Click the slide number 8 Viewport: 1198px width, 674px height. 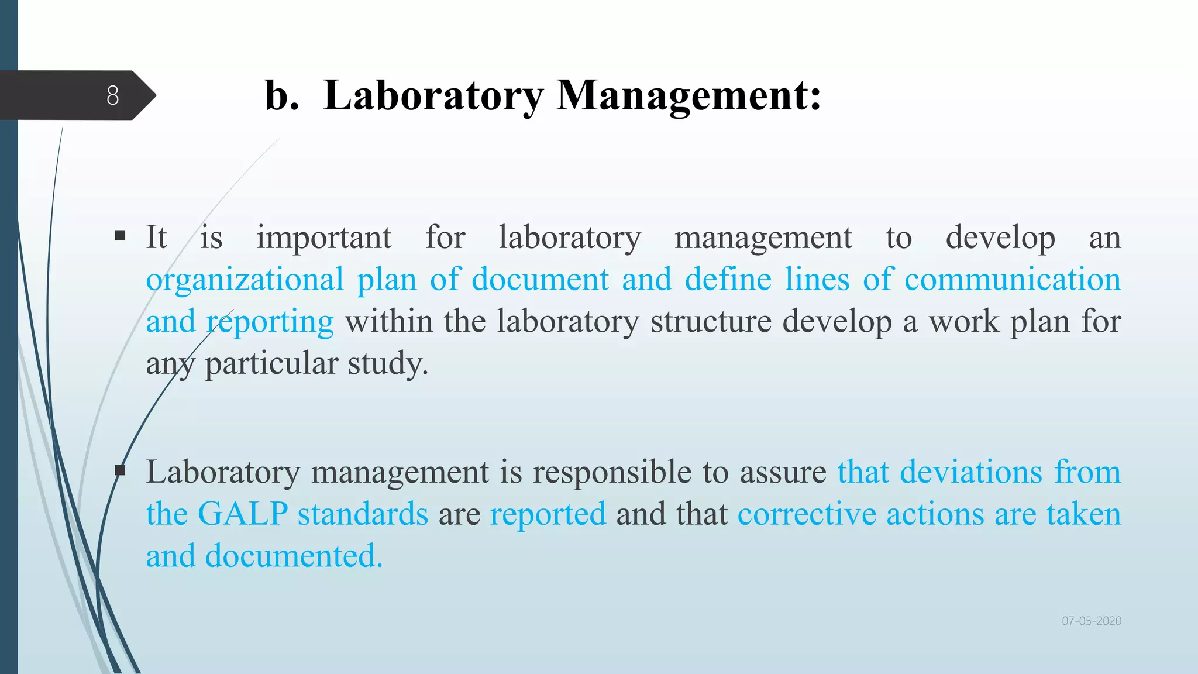click(113, 95)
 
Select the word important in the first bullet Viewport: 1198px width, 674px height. click(323, 238)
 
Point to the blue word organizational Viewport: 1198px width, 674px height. click(245, 280)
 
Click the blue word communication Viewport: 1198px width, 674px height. click(1012, 279)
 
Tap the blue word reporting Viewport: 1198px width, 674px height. click(270, 322)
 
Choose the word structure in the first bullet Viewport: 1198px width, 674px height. click(711, 321)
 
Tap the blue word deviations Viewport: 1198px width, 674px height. click(970, 472)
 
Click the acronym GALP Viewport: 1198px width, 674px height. click(243, 514)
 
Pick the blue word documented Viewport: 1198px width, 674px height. click(293, 556)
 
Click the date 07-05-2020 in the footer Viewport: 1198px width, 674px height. click(1092, 621)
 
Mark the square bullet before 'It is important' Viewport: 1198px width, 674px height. click(121, 236)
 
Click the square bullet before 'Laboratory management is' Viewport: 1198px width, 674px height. click(121, 470)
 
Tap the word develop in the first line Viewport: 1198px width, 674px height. click(1000, 238)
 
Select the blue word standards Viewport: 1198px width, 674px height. click(363, 514)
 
